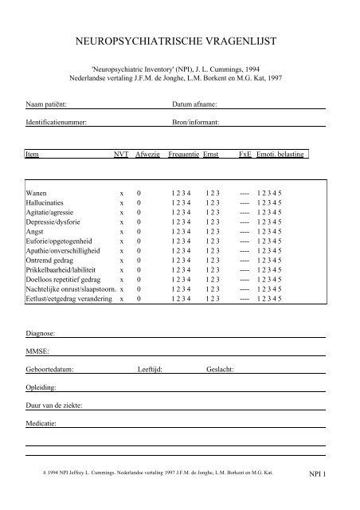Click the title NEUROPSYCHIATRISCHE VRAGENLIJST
click(179, 38)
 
